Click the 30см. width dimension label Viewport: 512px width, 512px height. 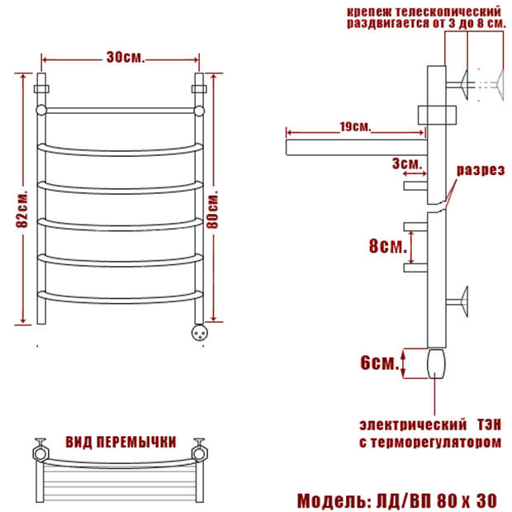(125, 58)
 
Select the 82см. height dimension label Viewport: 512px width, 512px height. (22, 209)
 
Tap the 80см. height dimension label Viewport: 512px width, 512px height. (212, 209)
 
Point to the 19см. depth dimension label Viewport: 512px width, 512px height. (355, 126)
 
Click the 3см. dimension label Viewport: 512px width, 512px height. (407, 164)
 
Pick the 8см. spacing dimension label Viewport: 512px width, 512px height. (388, 245)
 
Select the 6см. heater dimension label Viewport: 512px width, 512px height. (380, 363)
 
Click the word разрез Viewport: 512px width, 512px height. (481, 170)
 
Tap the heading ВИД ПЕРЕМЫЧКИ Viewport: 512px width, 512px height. (121, 442)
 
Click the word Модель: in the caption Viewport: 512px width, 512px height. (334, 500)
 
